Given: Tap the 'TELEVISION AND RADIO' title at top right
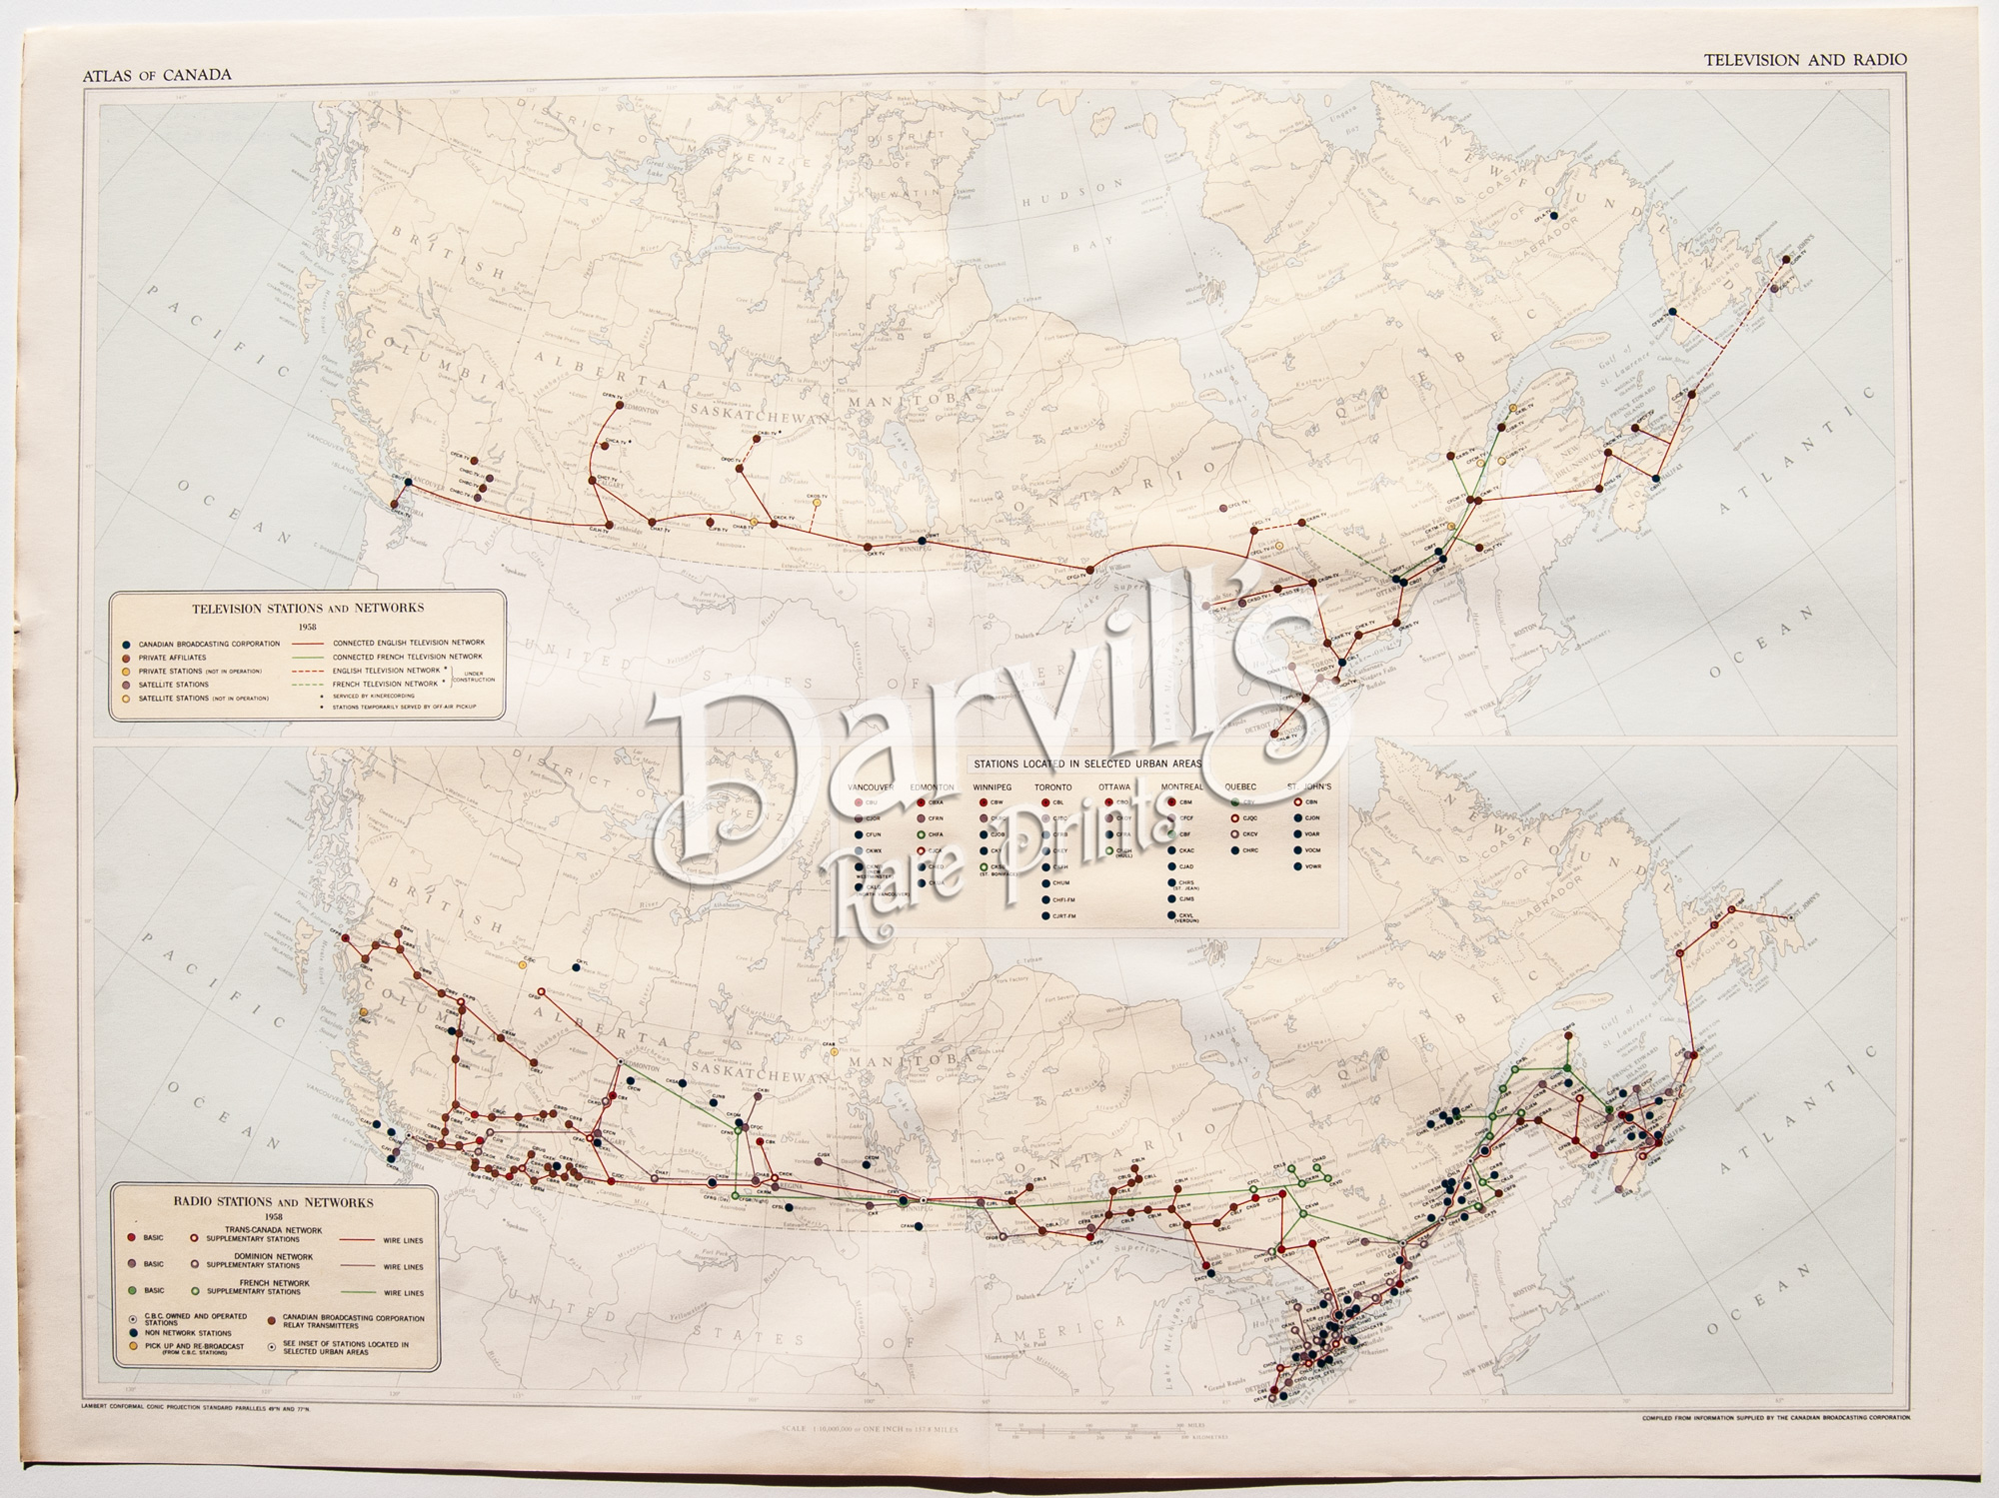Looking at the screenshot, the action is point(1805,60).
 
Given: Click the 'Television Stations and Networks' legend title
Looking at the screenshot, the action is point(307,608).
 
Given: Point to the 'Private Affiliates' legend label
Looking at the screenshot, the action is point(173,657).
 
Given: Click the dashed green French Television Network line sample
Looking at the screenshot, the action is point(309,684).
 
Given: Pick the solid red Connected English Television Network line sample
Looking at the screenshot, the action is point(309,643).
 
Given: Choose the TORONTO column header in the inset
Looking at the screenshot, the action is point(1051,786).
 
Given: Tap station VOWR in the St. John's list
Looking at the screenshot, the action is point(1312,866).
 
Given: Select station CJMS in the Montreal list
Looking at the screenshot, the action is point(1187,898).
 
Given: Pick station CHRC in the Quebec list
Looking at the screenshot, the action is point(1250,850).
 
